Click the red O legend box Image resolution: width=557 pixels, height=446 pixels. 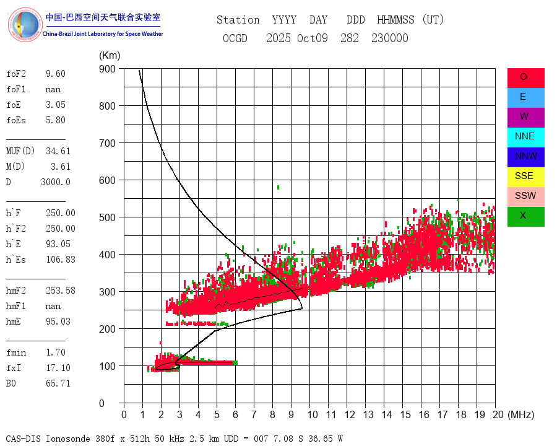pyautogui.click(x=525, y=77)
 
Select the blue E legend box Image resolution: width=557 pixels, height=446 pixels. pyautogui.click(x=525, y=97)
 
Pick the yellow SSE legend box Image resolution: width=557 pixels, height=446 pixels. pyautogui.click(x=525, y=176)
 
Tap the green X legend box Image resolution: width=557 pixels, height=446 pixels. pyautogui.click(x=525, y=216)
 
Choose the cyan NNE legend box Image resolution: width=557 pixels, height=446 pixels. pyautogui.click(x=525, y=136)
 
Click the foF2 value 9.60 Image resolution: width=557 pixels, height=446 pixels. pyautogui.click(x=55, y=74)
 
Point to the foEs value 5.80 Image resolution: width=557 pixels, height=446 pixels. pyautogui.click(x=55, y=120)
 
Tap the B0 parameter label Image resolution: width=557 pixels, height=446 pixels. pyautogui.click(x=12, y=383)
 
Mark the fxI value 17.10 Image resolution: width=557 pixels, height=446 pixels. pyautogui.click(x=58, y=368)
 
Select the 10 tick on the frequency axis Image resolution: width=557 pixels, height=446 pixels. pyautogui.click(x=313, y=414)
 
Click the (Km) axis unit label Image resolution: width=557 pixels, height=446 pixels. pyautogui.click(x=110, y=56)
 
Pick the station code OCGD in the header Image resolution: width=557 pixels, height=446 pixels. pyautogui.click(x=235, y=38)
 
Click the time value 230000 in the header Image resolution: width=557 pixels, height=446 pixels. pyautogui.click(x=390, y=38)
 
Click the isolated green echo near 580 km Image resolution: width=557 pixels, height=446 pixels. pyautogui.click(x=278, y=187)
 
